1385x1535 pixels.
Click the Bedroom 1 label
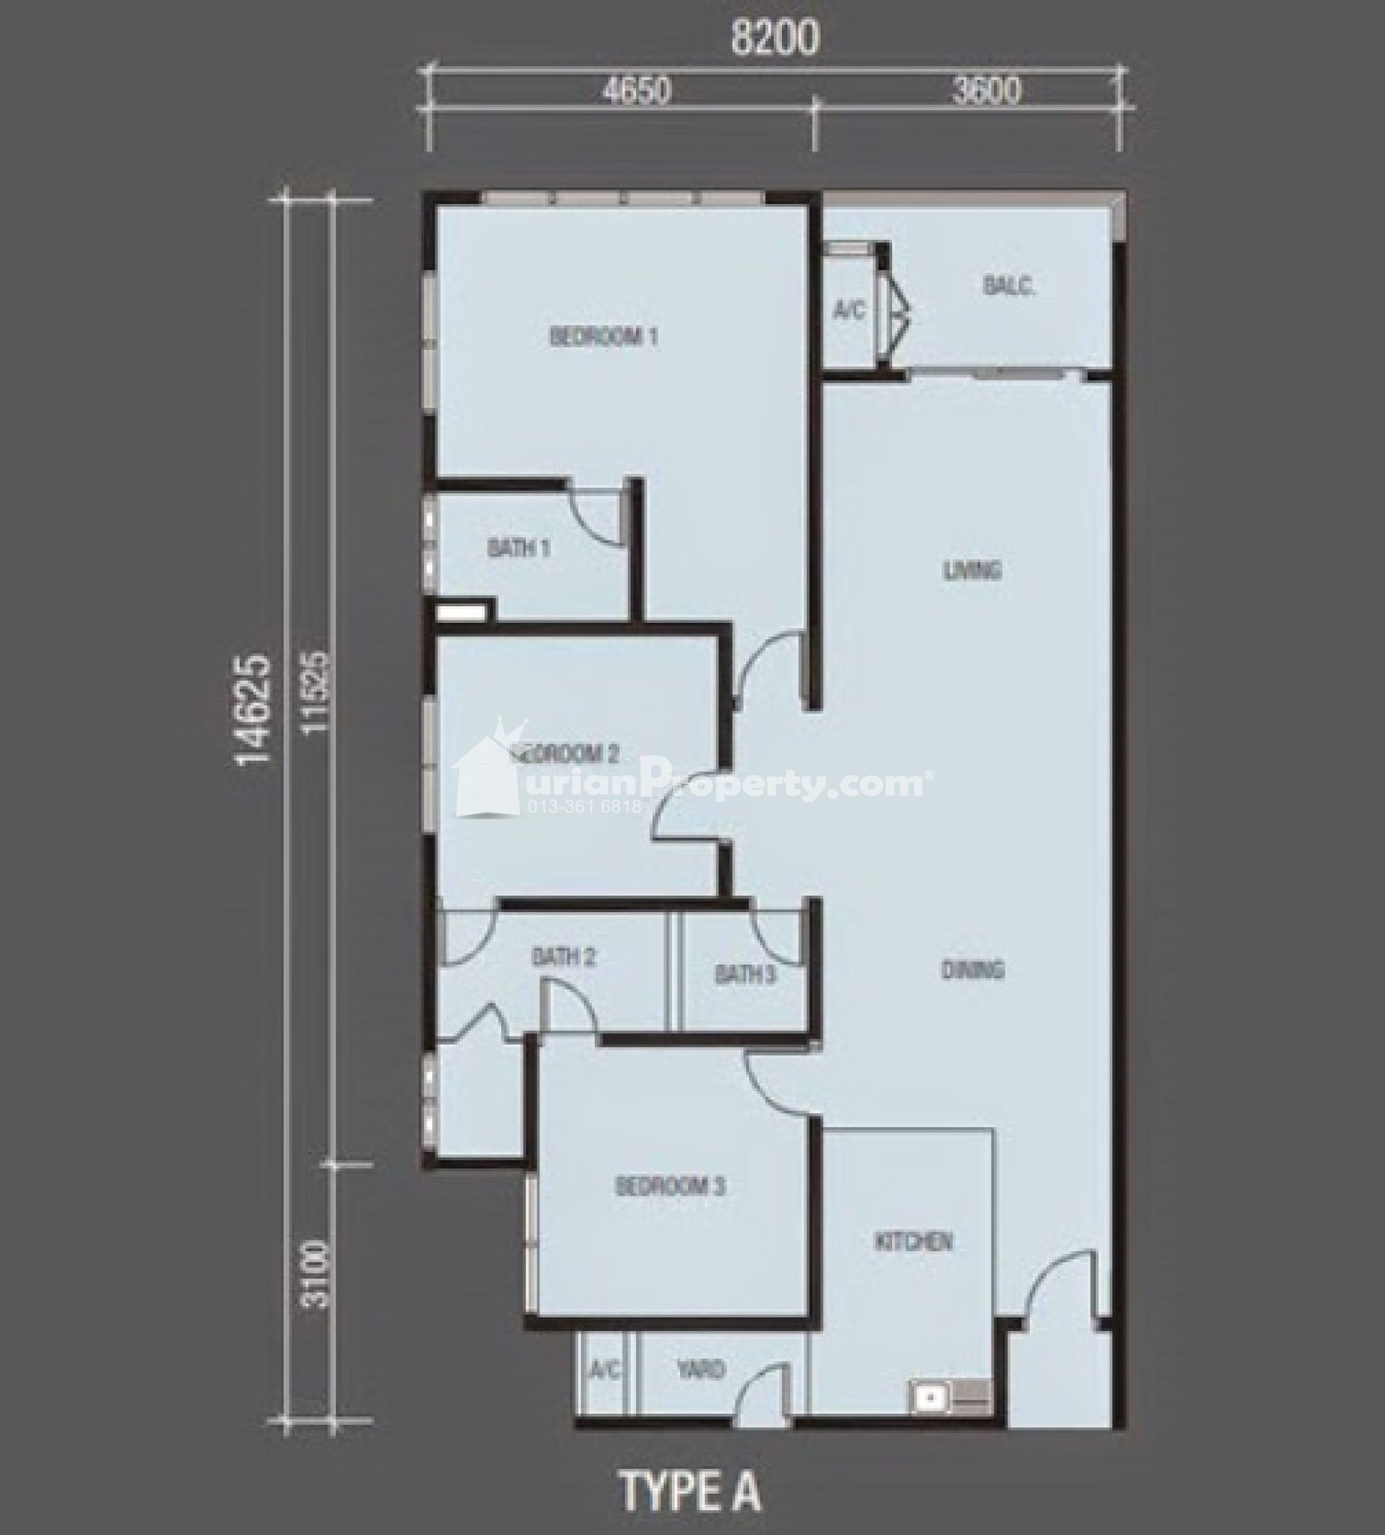point(604,337)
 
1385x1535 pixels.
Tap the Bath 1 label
point(519,547)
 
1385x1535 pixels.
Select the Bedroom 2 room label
point(567,754)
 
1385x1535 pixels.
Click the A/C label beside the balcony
point(849,310)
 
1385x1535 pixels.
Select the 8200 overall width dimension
point(775,38)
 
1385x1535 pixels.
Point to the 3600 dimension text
point(987,91)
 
